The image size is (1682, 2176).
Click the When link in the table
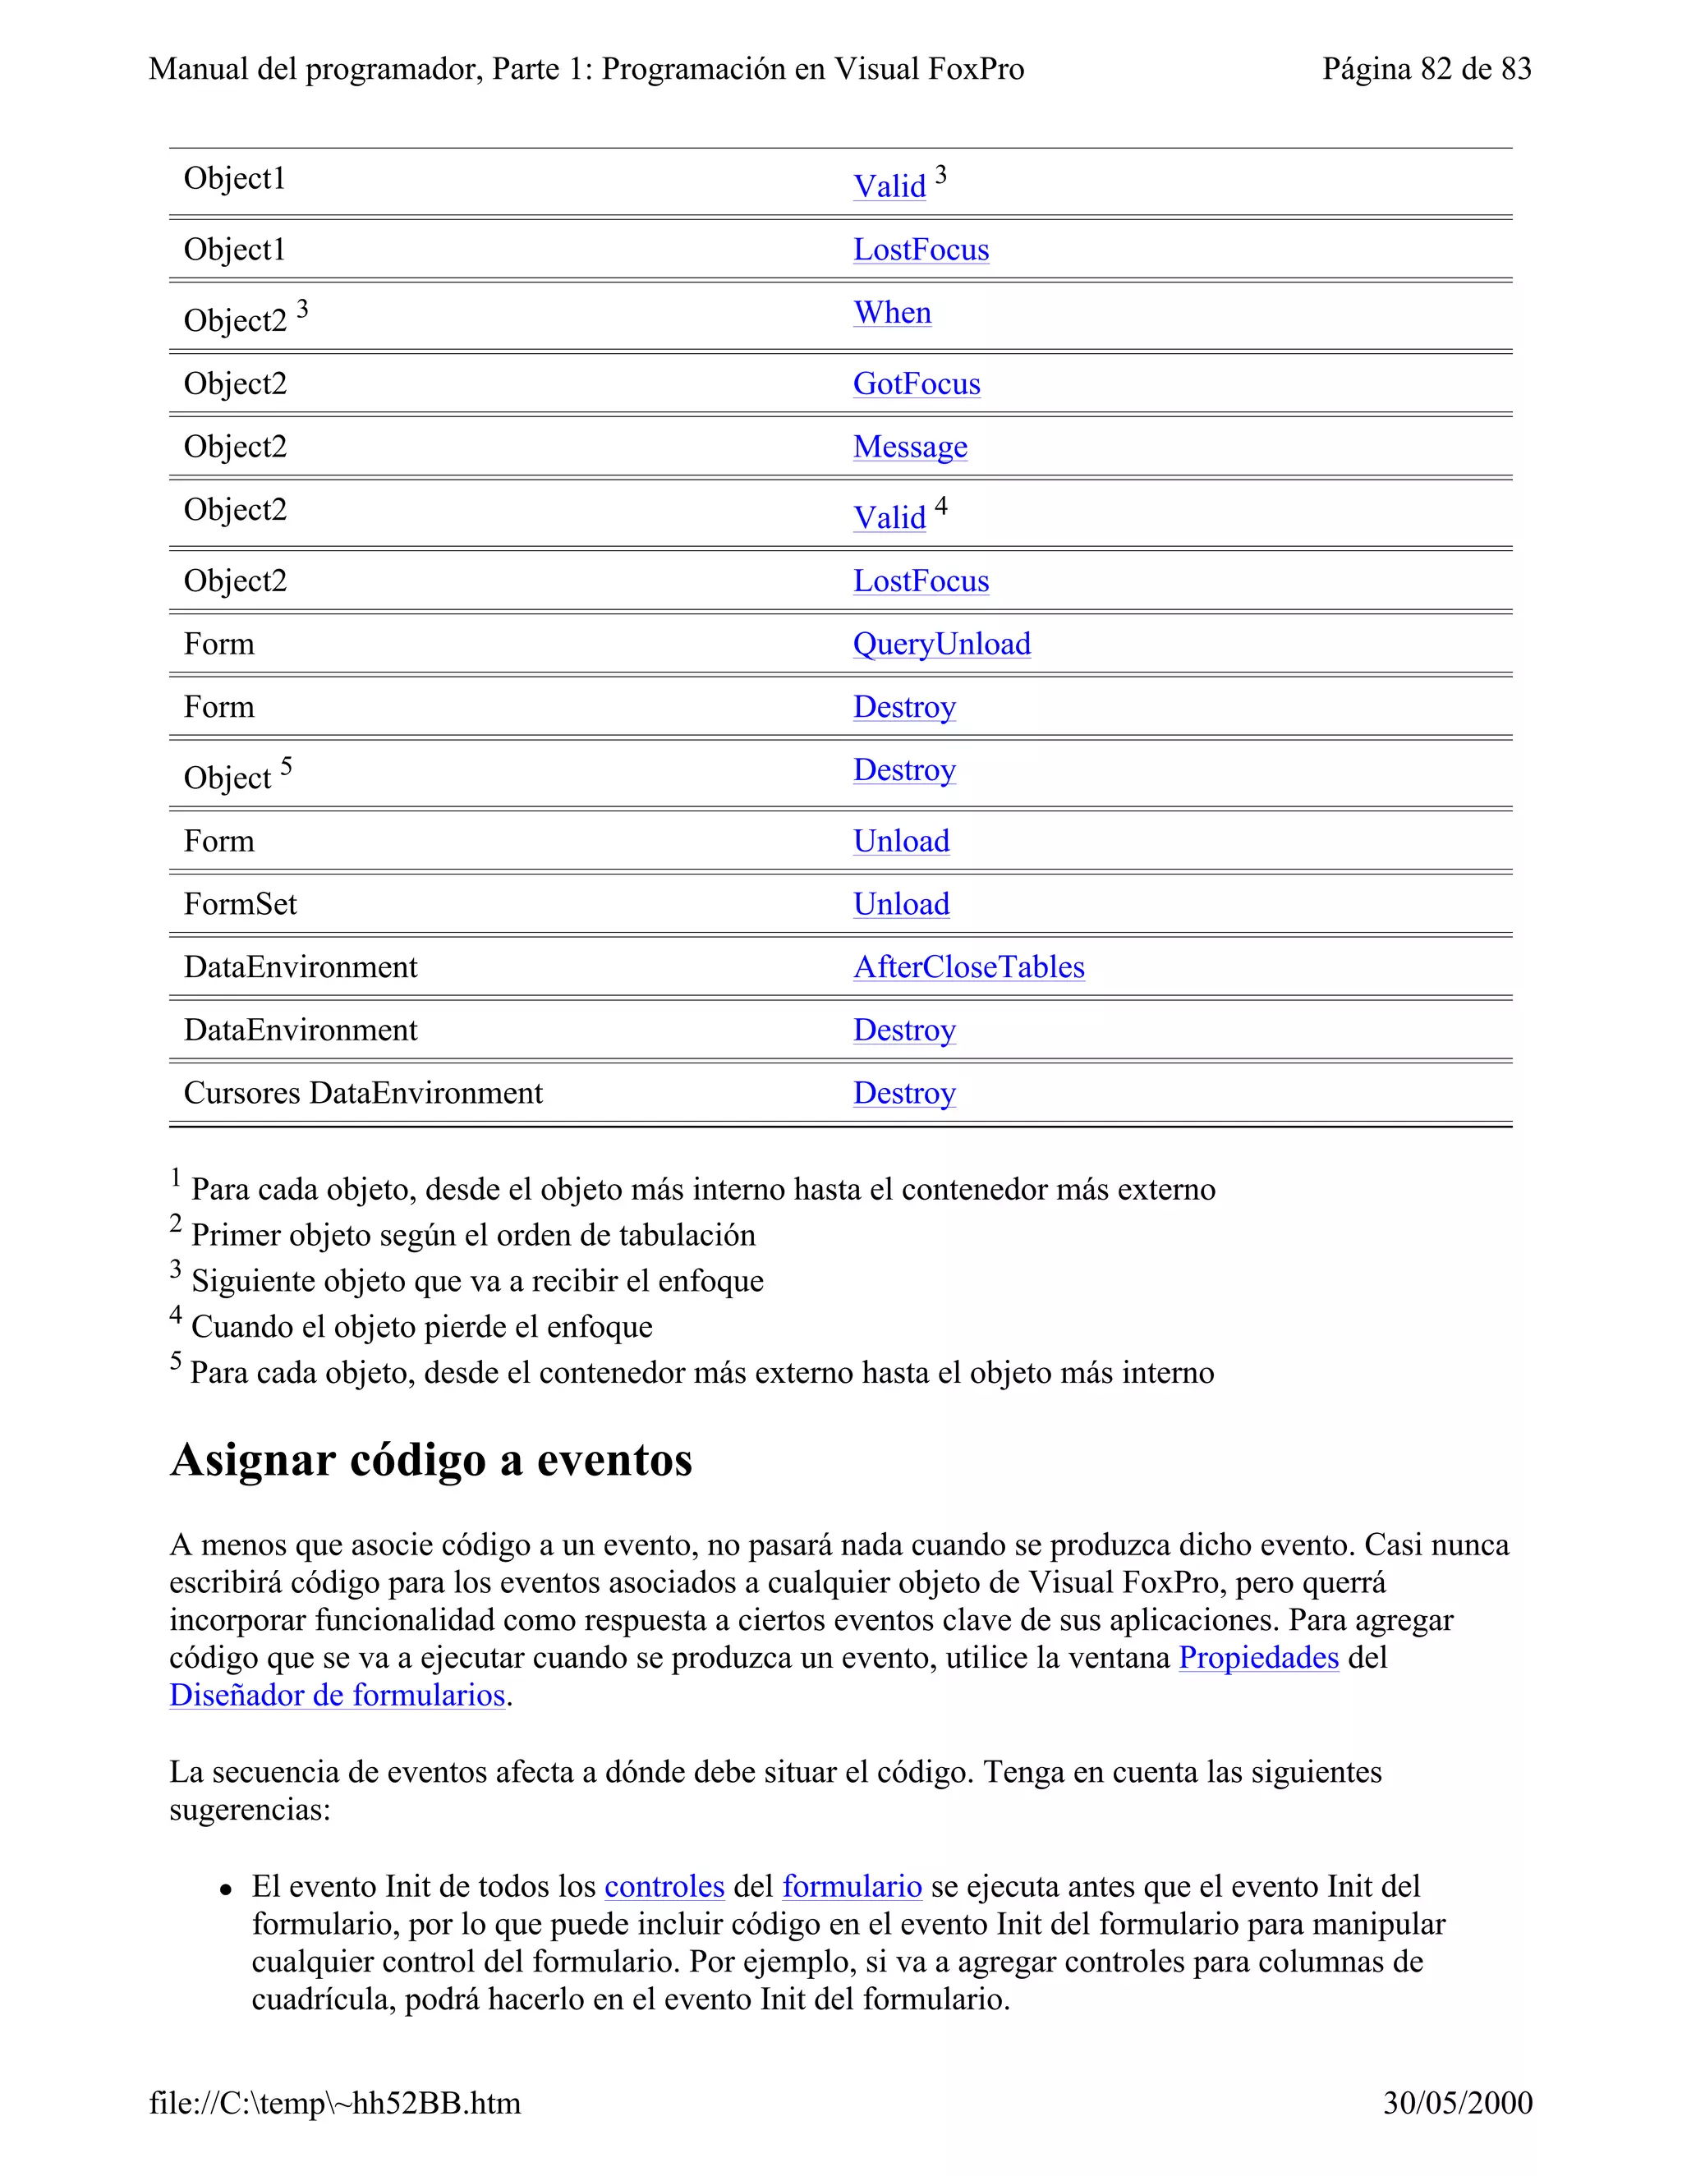tap(892, 313)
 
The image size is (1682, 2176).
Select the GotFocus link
tap(916, 383)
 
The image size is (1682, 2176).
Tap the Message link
tap(910, 447)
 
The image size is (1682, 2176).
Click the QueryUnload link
tap(940, 644)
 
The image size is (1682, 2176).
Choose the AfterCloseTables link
tap(967, 966)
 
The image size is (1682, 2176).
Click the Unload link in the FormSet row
tap(901, 904)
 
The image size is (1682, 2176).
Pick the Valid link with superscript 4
tap(889, 518)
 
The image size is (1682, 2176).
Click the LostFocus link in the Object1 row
tap(921, 250)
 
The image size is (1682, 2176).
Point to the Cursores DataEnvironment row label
tap(363, 1093)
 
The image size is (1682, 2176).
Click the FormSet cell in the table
tap(240, 904)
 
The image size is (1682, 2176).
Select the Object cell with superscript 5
tap(228, 777)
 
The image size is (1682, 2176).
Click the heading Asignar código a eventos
tap(430, 1461)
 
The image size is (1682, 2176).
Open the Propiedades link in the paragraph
tap(1257, 1658)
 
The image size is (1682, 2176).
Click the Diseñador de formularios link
tap(337, 1695)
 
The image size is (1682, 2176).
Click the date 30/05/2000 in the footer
tap(1457, 2103)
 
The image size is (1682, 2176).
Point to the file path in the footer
tap(335, 2103)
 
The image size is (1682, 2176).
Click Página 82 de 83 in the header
tap(1426, 69)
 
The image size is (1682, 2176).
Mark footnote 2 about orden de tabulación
tap(471, 1236)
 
